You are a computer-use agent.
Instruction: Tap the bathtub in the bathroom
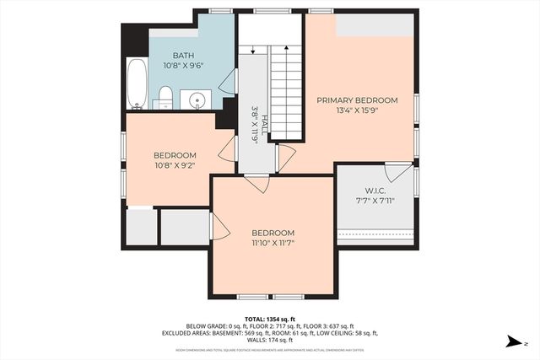point(137,84)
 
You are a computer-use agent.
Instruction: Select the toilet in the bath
point(165,97)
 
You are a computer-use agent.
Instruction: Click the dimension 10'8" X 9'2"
point(175,166)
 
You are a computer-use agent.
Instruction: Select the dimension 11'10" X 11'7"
point(273,244)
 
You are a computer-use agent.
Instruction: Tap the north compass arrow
point(513,341)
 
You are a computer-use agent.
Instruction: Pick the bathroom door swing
point(226,82)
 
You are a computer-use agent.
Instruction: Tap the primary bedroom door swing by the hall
point(286,156)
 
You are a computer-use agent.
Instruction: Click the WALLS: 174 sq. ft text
point(270,340)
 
